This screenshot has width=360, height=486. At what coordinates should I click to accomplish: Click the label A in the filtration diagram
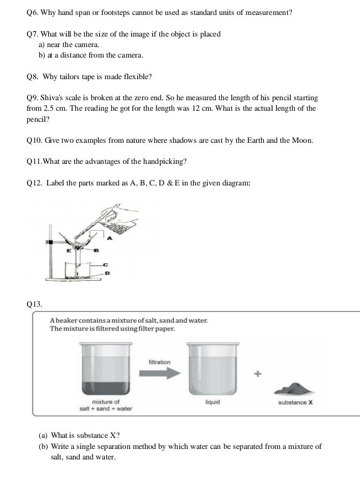click(109, 239)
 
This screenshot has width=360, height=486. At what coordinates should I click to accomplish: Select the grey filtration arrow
click(159, 374)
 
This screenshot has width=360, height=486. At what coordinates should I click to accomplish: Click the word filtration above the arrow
click(159, 362)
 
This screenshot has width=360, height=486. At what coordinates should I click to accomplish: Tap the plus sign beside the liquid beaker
click(257, 374)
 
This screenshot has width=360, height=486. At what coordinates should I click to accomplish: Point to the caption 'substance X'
click(295, 402)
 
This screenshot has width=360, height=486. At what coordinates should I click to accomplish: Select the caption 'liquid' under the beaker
click(212, 402)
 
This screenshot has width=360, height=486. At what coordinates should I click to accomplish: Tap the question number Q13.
click(34, 303)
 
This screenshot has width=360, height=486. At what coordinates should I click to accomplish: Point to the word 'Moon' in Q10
click(301, 141)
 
